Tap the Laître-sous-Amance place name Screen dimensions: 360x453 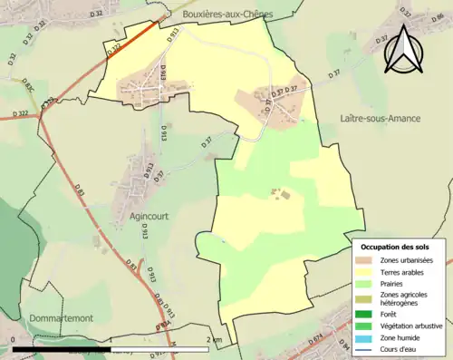coord(380,119)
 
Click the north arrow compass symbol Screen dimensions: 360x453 coord(404,48)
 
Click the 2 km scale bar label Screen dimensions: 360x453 coord(214,339)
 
